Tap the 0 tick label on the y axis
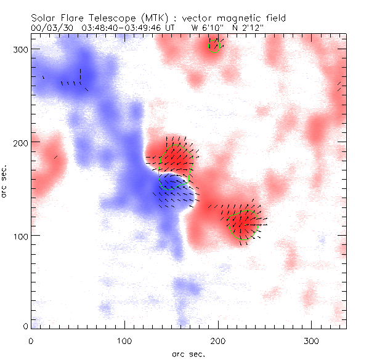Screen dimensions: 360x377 click(25, 326)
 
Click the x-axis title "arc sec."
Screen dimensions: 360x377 click(188, 353)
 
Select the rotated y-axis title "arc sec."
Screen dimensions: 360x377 click(6, 181)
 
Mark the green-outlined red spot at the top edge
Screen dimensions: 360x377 click(214, 45)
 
